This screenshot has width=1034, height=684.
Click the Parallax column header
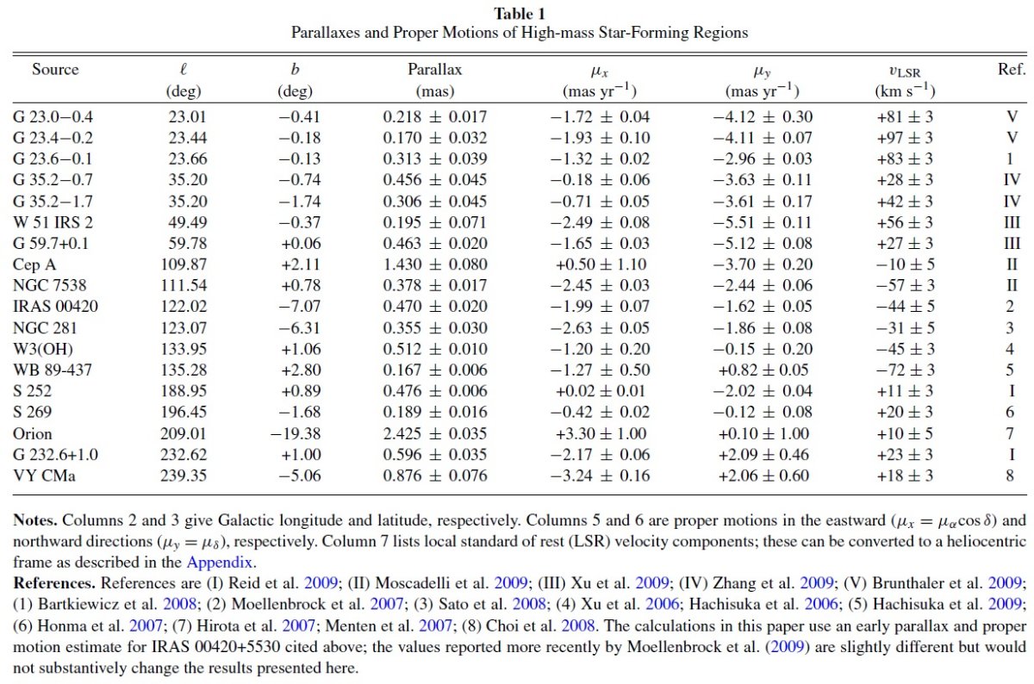click(x=434, y=69)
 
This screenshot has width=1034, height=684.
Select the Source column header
click(x=55, y=69)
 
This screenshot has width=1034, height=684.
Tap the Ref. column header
click(x=1012, y=69)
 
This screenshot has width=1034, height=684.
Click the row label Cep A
click(x=34, y=264)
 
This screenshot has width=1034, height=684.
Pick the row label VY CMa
click(x=44, y=476)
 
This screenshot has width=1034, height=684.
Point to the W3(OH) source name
click(x=43, y=349)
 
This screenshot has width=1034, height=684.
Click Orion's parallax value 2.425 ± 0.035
click(x=435, y=433)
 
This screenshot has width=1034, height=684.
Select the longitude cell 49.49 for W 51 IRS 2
click(x=188, y=222)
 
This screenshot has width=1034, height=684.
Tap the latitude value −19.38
click(x=296, y=433)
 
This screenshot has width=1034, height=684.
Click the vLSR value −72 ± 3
click(x=906, y=370)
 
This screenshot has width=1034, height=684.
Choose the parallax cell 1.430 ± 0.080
click(x=435, y=264)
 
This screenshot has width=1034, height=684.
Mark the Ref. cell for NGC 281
click(x=1010, y=327)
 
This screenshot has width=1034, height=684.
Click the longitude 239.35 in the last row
click(x=184, y=476)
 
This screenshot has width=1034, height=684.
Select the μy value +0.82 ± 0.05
click(x=763, y=370)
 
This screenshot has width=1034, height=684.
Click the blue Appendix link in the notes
click(x=219, y=563)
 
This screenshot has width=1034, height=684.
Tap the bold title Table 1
click(x=520, y=14)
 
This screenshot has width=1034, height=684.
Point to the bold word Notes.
click(x=35, y=520)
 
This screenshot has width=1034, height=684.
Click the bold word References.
click(x=54, y=583)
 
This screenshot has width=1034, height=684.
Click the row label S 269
click(x=33, y=412)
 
